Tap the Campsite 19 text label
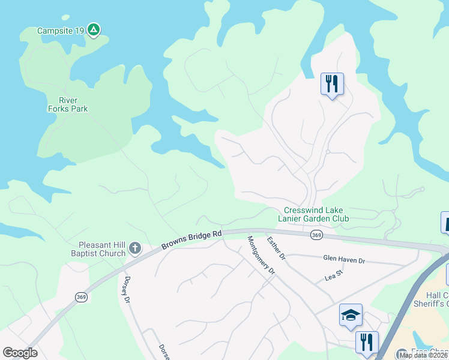[61, 31]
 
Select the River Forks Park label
[68, 104]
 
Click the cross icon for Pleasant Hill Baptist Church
[136, 248]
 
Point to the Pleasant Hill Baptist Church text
[102, 249]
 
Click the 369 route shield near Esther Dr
[316, 236]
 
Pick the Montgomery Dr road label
[261, 255]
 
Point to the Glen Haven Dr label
[344, 260]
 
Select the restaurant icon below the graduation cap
[366, 343]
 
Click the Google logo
[20, 353]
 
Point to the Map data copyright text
[423, 355]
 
